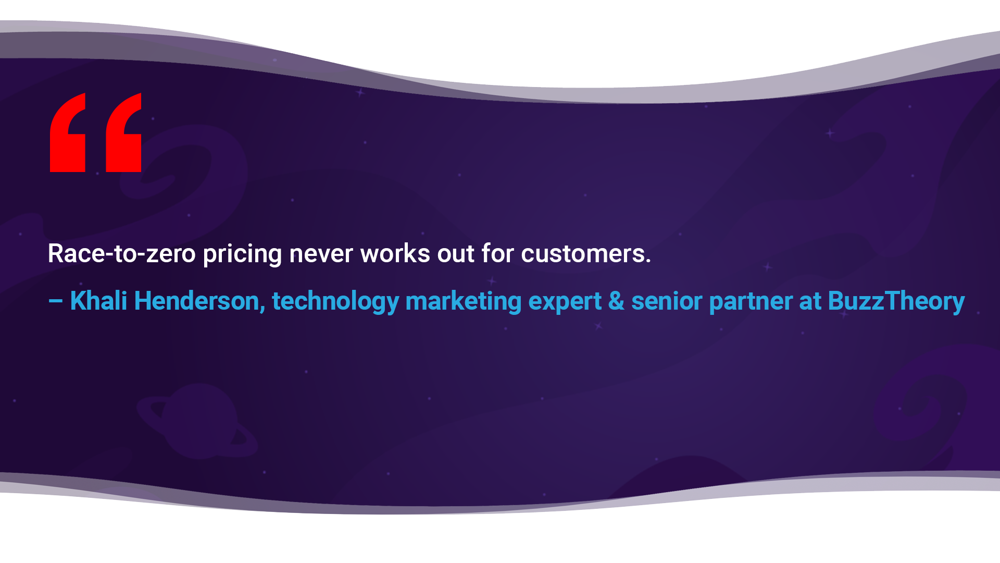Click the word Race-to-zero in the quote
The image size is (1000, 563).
[122, 254]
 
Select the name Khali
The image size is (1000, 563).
[98, 301]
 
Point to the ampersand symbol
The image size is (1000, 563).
[616, 301]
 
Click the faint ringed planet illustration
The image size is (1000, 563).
[198, 421]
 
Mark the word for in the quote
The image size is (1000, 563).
[498, 254]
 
